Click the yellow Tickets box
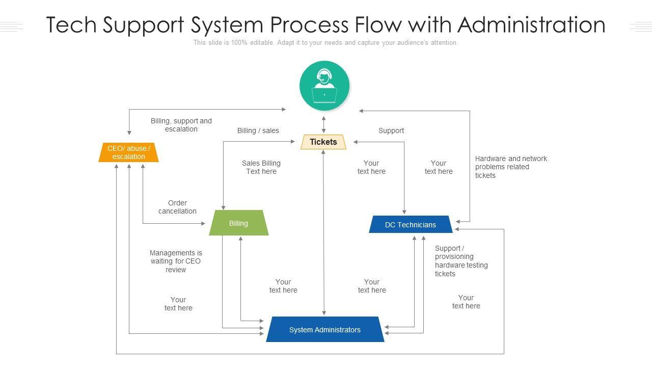pyautogui.click(x=323, y=142)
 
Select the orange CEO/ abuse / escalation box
pyautogui.click(x=128, y=153)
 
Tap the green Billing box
pyautogui.click(x=238, y=223)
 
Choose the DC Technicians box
pyautogui.click(x=411, y=225)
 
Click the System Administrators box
pyautogui.click(x=325, y=330)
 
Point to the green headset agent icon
pyautogui.click(x=324, y=86)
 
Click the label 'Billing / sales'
pyautogui.click(x=258, y=130)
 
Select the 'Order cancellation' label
pyautogui.click(x=177, y=207)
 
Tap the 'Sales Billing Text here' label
pyautogui.click(x=261, y=167)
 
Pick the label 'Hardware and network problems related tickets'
pyautogui.click(x=511, y=167)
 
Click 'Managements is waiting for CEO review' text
pyautogui.click(x=176, y=261)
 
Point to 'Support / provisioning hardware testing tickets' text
pyautogui.click(x=461, y=261)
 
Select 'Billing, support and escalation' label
pyautogui.click(x=181, y=125)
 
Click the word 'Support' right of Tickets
pyautogui.click(x=391, y=130)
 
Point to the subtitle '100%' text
pyautogui.click(x=239, y=43)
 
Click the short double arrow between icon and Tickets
pyautogui.click(x=323, y=124)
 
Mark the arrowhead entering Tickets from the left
pyautogui.click(x=293, y=141)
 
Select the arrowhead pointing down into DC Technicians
pyautogui.click(x=404, y=212)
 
